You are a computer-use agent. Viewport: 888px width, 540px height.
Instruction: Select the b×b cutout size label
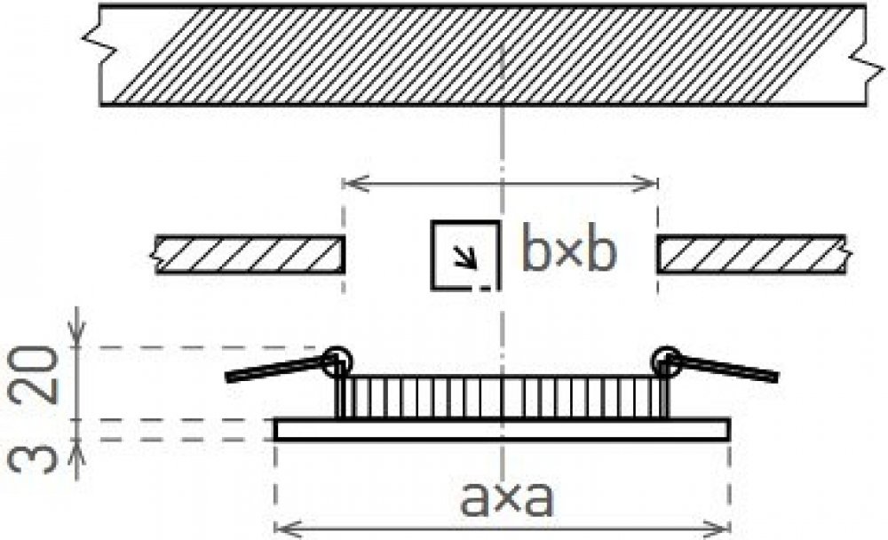tap(567, 253)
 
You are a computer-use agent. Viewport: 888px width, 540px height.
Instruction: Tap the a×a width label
tap(507, 502)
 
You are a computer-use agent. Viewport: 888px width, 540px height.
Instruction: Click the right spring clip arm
tap(728, 369)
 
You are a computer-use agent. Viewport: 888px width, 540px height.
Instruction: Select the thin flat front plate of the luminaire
tap(502, 430)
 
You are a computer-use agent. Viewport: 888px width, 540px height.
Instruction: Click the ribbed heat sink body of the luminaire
tap(502, 397)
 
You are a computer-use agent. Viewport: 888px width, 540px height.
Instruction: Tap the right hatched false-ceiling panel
tap(751, 255)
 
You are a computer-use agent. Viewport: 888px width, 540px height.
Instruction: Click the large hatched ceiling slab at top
tap(480, 55)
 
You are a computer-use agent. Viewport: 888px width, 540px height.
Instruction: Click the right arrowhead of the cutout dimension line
tap(651, 184)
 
